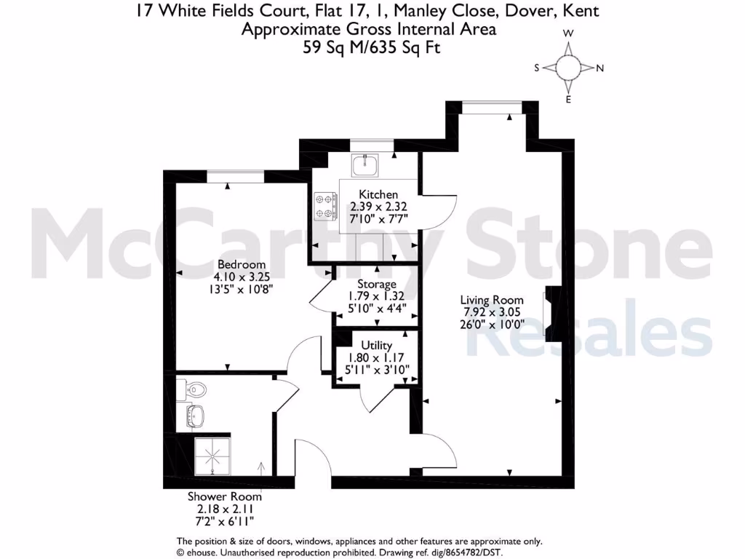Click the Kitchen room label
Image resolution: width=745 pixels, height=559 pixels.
coord(378,194)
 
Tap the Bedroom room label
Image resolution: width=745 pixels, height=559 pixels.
coord(239,264)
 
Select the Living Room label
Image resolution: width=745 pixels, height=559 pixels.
coord(492,299)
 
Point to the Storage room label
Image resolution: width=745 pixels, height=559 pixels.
coord(376,284)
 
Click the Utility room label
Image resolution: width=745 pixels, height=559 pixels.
coord(376,345)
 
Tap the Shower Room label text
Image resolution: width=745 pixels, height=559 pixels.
coord(218,496)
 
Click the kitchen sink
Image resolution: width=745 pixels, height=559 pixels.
coord(364,166)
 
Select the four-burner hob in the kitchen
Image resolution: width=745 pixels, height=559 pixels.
coord(325,206)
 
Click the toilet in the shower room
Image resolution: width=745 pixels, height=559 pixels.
coord(195,390)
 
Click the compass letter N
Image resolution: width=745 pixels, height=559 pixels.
coord(600,68)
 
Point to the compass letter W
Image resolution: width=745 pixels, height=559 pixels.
coord(569,33)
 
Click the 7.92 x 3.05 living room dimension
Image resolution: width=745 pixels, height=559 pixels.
coord(492,312)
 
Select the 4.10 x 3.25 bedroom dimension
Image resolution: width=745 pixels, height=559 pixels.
coord(239,277)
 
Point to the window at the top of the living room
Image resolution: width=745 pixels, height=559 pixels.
coord(492,108)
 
